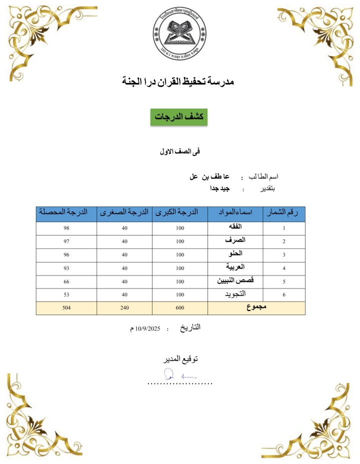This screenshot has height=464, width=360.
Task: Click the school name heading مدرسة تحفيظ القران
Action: pyautogui.click(x=179, y=80)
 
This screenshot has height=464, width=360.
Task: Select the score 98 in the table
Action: pyautogui.click(x=66, y=228)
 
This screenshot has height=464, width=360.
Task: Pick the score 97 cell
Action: pyautogui.click(x=66, y=241)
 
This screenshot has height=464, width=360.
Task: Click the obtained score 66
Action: pyautogui.click(x=66, y=281)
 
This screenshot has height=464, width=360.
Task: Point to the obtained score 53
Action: pyautogui.click(x=66, y=295)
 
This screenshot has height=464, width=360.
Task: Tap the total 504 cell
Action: pyautogui.click(x=66, y=308)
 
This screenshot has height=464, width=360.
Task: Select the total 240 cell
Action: pyautogui.click(x=124, y=308)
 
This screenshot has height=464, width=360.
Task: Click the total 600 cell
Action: pyautogui.click(x=180, y=308)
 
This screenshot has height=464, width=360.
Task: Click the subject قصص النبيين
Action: pyautogui.click(x=234, y=281)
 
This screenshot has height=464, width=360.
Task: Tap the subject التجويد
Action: pyautogui.click(x=234, y=294)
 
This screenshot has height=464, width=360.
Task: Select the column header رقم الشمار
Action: pyautogui.click(x=283, y=213)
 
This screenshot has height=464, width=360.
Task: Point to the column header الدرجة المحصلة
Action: pyautogui.click(x=66, y=213)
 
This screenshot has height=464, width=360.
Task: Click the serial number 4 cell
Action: pyautogui.click(x=283, y=268)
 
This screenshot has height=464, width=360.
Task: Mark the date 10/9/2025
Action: pyautogui.click(x=145, y=328)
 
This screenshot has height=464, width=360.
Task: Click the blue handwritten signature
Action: pyautogui.click(x=175, y=373)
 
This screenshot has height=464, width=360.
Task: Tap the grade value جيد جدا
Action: pyautogui.click(x=219, y=189)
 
